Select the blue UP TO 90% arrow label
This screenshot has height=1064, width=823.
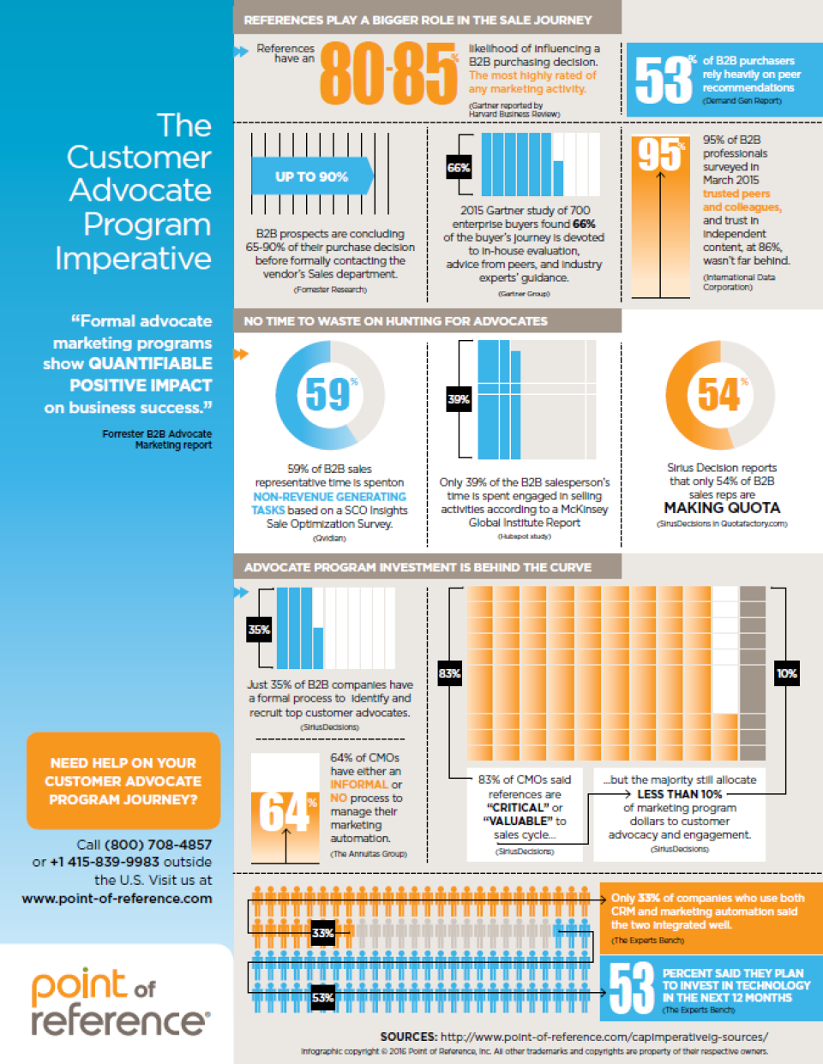[312, 176]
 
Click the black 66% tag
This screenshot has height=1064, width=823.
[459, 168]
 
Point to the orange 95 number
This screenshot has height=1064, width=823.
[659, 155]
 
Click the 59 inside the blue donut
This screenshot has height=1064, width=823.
[327, 394]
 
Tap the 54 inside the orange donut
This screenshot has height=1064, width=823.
[718, 394]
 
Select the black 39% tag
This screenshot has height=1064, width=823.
[459, 399]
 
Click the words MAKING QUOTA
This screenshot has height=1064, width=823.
[722, 507]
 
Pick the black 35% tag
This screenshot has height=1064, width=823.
[259, 630]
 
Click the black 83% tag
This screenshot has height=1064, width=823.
[449, 673]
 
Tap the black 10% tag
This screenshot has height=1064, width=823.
[787, 673]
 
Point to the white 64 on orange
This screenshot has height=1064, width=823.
[284, 811]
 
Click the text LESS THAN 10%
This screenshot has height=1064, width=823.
[679, 794]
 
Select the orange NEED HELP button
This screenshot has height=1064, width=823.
[123, 780]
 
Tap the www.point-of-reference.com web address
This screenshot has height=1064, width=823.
[117, 898]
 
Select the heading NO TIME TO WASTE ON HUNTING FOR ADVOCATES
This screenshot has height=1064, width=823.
[395, 321]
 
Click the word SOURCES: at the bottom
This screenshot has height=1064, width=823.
[408, 1037]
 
